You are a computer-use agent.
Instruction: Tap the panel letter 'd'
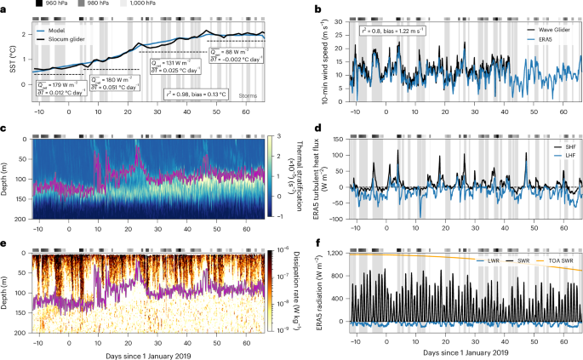click(317, 129)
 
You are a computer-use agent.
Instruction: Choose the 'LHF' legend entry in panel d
click(553, 155)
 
